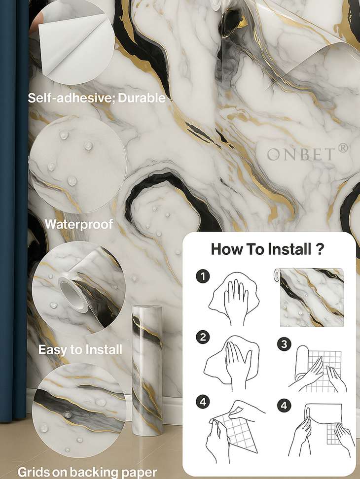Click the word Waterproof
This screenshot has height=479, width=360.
pyautogui.click(x=79, y=225)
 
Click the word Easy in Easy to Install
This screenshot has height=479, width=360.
pyautogui.click(x=51, y=350)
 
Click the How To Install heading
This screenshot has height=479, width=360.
pyautogui.click(x=267, y=249)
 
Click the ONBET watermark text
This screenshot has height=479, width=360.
pyautogui.click(x=300, y=154)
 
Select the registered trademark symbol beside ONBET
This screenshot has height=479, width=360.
pyautogui.click(x=343, y=148)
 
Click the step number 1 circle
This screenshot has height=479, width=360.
pyautogui.click(x=203, y=276)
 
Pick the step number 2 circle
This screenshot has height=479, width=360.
pyautogui.click(x=203, y=337)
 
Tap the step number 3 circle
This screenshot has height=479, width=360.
pyautogui.click(x=284, y=344)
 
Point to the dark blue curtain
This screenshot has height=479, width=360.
pyautogui.click(x=14, y=211)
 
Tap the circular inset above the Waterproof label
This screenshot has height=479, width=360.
pyautogui.click(x=78, y=165)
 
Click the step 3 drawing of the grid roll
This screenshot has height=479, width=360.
pyautogui.click(x=318, y=369)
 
